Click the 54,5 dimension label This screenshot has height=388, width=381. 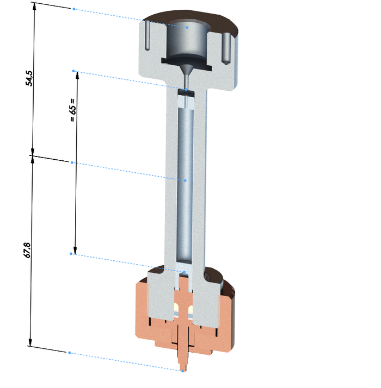(x=29, y=78)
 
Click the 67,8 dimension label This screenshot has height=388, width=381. (x=27, y=250)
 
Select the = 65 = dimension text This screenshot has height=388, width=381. (x=72, y=110)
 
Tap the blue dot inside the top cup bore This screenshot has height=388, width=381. (x=187, y=28)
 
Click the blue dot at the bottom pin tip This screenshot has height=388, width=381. (x=183, y=371)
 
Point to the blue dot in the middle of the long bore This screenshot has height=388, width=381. (x=186, y=180)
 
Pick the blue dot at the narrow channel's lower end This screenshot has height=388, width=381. (x=186, y=89)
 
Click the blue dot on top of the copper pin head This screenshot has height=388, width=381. (x=184, y=272)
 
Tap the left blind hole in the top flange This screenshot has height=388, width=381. (x=147, y=35)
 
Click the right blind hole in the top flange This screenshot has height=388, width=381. (x=226, y=49)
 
